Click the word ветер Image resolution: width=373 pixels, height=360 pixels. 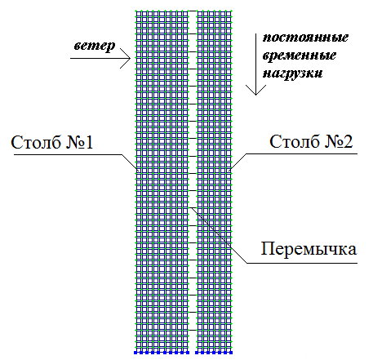point(95,46)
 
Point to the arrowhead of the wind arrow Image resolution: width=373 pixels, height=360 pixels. point(130,58)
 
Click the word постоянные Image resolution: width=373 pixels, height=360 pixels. point(305,38)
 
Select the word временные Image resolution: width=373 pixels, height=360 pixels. point(300,56)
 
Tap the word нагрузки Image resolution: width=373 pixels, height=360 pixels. point(293,73)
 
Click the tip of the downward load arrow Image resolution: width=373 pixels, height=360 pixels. point(255,95)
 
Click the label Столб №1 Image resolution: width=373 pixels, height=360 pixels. point(52,142)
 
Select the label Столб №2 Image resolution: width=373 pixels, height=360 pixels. point(311,141)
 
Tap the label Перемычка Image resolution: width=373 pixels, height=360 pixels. point(309,249)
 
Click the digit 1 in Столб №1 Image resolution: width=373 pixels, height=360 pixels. point(89,142)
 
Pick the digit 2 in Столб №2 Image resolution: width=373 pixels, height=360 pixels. point(349,141)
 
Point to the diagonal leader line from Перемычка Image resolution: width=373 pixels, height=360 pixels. point(219,235)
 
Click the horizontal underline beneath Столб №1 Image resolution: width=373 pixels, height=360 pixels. point(68,155)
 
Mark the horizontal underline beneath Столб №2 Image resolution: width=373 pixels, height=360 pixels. point(302,154)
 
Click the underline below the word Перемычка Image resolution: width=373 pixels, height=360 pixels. point(302,263)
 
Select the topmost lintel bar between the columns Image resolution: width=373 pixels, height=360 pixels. point(193,11)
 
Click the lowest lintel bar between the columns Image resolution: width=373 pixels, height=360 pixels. point(193,330)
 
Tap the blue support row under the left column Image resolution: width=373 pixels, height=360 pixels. point(162,353)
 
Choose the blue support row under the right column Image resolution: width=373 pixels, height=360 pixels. point(214,353)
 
